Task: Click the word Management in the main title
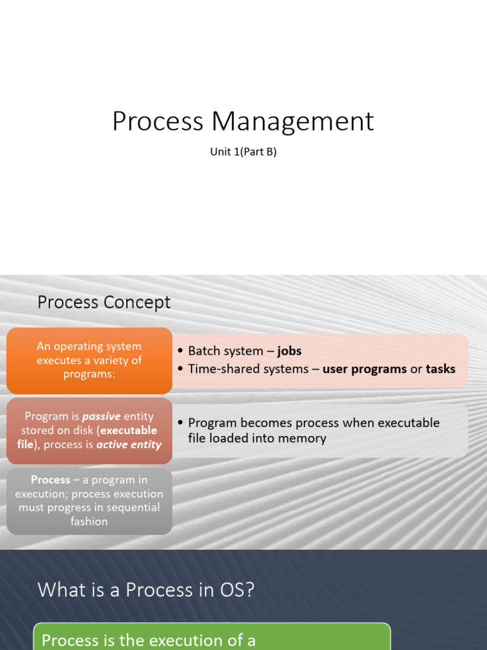point(293,121)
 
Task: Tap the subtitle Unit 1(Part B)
point(243,152)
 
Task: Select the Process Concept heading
point(104,302)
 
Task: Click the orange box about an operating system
point(89,360)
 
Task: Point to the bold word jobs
point(289,351)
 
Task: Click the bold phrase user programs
point(365,369)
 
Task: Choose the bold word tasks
point(440,369)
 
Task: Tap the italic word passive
point(101,416)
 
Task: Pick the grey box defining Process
point(89,501)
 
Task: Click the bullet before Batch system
point(180,351)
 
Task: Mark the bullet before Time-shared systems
point(180,369)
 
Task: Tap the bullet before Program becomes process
point(180,423)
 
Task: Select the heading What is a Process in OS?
point(146,590)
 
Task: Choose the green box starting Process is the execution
point(212,637)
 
